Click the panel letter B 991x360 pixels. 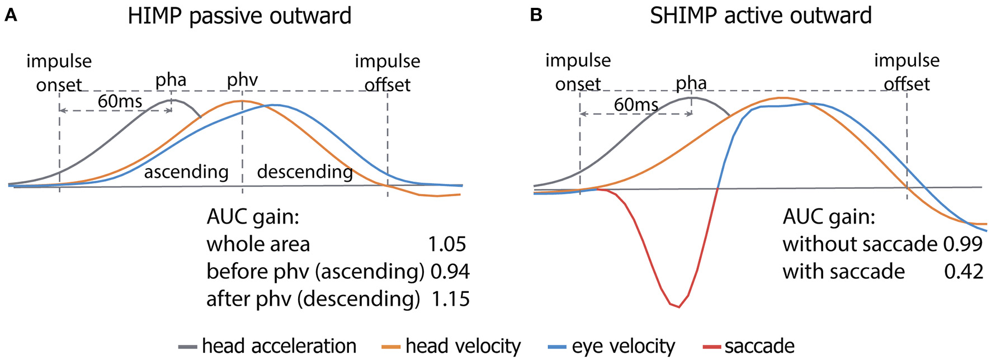click(x=536, y=16)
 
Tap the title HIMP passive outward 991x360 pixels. click(x=239, y=16)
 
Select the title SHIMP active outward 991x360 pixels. click(x=761, y=16)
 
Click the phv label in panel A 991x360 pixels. click(x=242, y=80)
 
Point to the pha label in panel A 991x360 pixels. click(x=171, y=80)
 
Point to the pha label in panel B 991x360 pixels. click(x=691, y=83)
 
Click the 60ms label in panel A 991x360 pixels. click(x=120, y=101)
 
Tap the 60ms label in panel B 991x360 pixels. click(x=636, y=105)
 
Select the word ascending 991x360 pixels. click(x=186, y=172)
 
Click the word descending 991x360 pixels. click(x=305, y=172)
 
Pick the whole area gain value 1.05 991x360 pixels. click(x=447, y=244)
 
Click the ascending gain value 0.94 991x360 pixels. click(x=450, y=272)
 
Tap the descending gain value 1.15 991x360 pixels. click(x=450, y=299)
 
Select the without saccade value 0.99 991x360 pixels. click(x=962, y=244)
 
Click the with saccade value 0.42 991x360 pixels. click(x=963, y=272)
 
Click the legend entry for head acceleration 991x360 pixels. click(x=279, y=347)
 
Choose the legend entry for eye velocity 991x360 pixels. click(x=623, y=347)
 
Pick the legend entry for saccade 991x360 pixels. click(x=759, y=347)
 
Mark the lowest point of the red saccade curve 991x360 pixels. click(x=678, y=307)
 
